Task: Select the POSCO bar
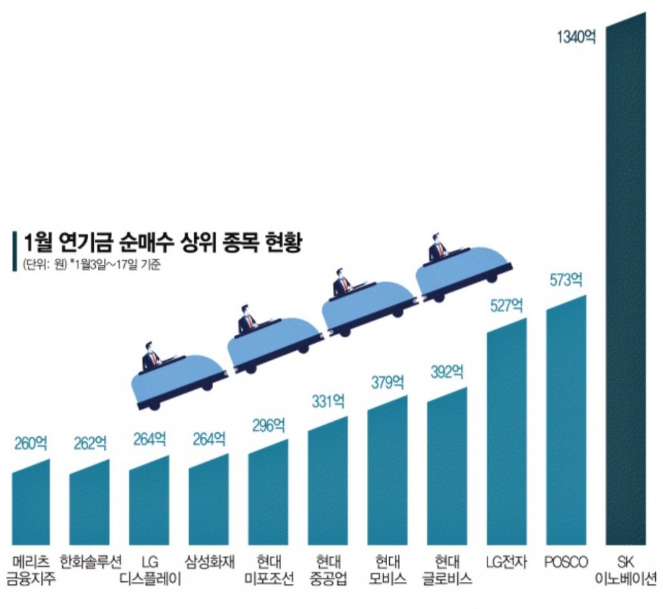[567, 421]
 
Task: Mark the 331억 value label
[328, 401]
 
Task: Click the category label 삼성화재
[208, 560]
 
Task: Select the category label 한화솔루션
[89, 560]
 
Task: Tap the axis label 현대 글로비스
[447, 569]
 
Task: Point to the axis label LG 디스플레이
[149, 569]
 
